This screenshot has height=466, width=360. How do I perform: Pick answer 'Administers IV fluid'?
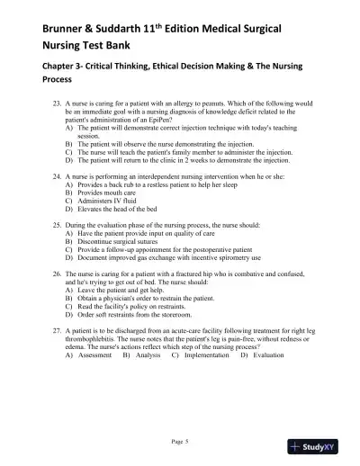(109, 201)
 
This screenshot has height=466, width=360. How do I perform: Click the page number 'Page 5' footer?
(180, 442)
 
